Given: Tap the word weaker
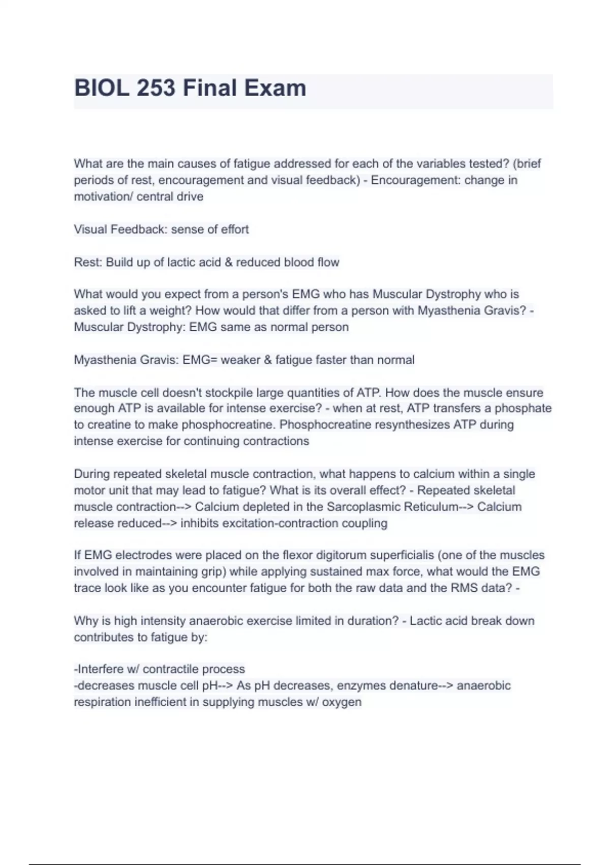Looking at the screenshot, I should [240, 360].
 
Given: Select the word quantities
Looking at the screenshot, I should [319, 392].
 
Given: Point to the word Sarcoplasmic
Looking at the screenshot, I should [361, 507].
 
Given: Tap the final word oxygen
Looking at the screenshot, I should [342, 702].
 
